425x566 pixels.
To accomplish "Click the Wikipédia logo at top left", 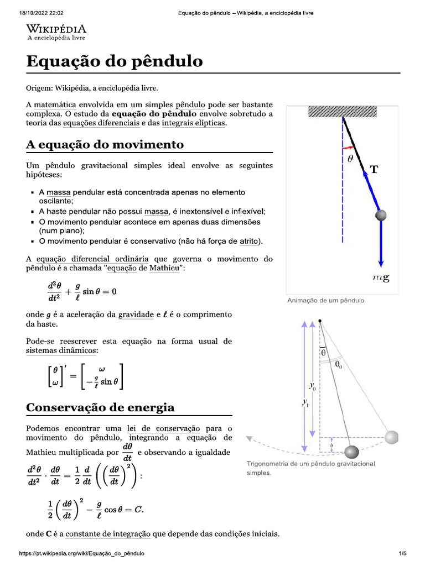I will pyautogui.click(x=56, y=32).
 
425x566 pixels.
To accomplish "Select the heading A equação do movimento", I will pyautogui.click(x=105, y=144).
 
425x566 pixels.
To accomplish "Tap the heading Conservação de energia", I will pyautogui.click(x=100, y=407).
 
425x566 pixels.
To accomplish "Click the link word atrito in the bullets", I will pyautogui.click(x=249, y=241).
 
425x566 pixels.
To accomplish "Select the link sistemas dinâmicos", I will pyautogui.click(x=61, y=350).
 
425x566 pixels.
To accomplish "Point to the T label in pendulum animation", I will pyautogui.click(x=375, y=170).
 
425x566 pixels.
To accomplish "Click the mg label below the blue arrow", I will pyautogui.click(x=381, y=278).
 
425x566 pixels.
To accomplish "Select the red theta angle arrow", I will pyautogui.click(x=348, y=148).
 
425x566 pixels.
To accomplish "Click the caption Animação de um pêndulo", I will pyautogui.click(x=325, y=301).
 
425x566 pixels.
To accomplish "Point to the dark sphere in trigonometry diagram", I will pyautogui.click(x=351, y=453).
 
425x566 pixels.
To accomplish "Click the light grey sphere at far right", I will pyautogui.click(x=392, y=438).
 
